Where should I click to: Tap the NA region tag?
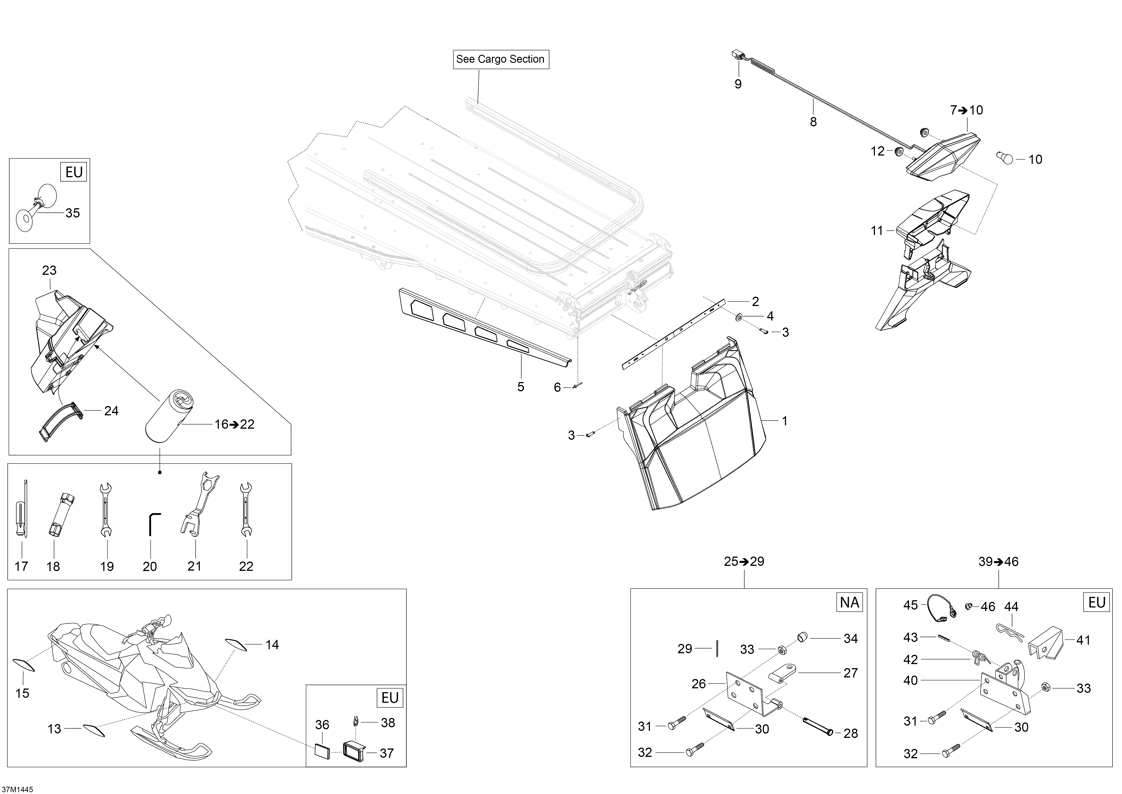tap(849, 602)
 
